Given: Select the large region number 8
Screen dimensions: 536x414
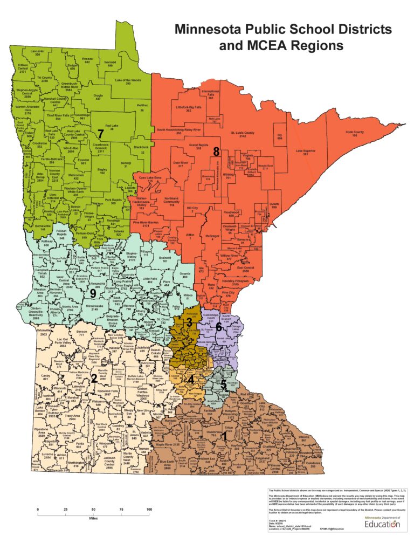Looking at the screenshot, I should coord(217,152).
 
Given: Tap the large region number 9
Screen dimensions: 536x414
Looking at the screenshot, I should coord(93,293).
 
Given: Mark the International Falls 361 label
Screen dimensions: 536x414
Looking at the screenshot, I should coord(211,94).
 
